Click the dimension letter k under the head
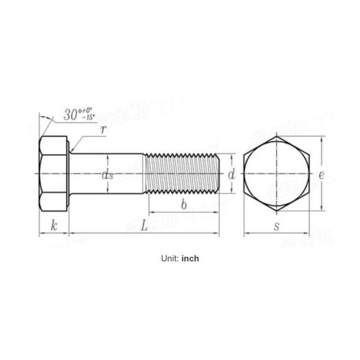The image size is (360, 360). (x=54, y=226)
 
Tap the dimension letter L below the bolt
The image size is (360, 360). (x=144, y=226)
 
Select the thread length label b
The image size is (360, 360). (x=184, y=205)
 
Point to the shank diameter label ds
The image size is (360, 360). (x=108, y=175)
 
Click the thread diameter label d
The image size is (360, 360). (x=231, y=175)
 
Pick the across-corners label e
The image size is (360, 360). (x=322, y=175)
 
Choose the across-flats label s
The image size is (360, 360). (x=276, y=226)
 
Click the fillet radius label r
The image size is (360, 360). (x=103, y=129)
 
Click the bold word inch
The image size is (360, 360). (x=190, y=259)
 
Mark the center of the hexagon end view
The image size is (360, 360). (x=276, y=174)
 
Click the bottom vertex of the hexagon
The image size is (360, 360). (x=276, y=211)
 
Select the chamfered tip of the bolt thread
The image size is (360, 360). (x=217, y=174)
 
